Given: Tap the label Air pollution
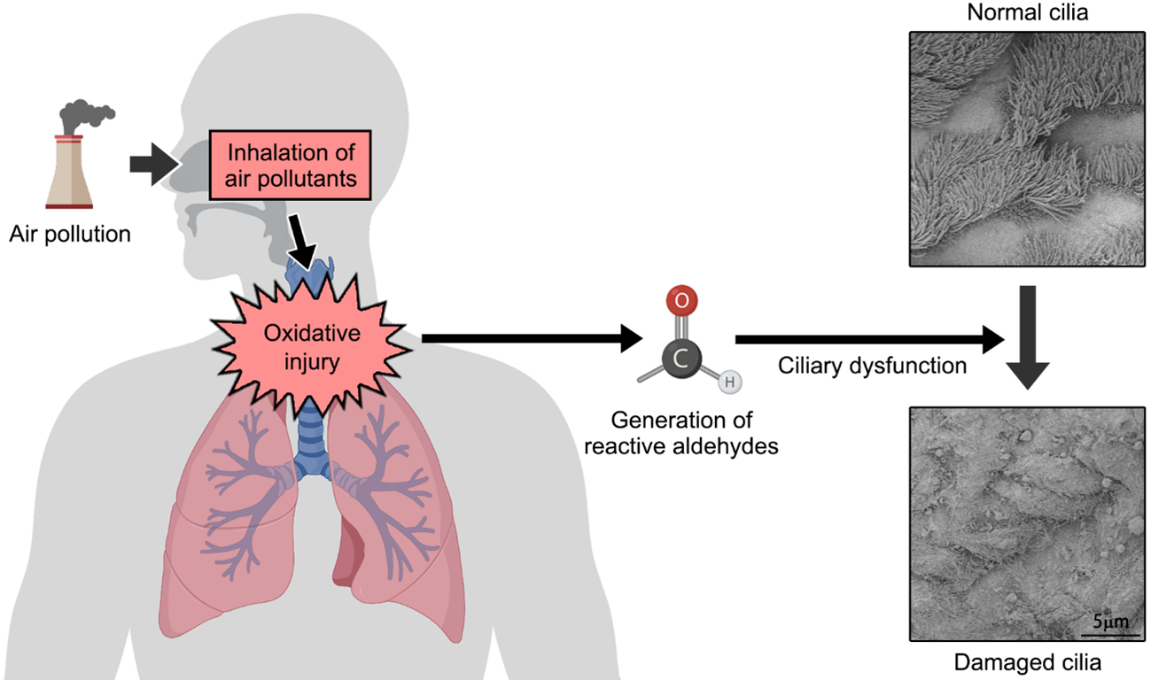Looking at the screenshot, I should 70,235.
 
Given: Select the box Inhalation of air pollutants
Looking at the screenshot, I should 288,166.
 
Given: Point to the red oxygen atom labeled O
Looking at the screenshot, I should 680,301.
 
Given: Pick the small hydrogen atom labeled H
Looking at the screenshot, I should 728,382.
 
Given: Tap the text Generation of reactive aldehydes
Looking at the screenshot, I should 681,433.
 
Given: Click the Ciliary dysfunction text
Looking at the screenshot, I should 872,366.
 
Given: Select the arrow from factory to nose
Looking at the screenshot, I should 154,165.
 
